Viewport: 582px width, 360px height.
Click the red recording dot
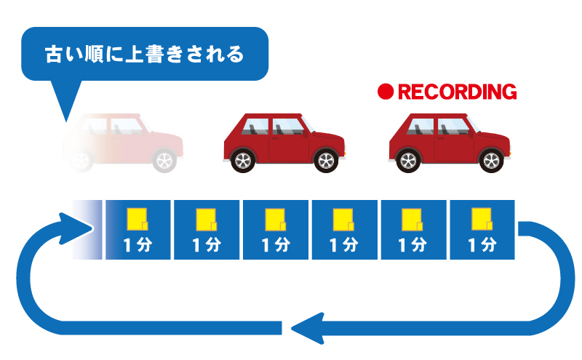(x=386, y=92)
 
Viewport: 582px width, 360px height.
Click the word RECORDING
(x=458, y=92)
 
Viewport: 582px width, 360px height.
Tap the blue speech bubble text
(x=144, y=55)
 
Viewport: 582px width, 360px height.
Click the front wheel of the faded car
(x=164, y=160)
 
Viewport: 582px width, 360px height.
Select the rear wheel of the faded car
(x=81, y=160)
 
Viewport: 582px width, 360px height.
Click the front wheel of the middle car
(x=326, y=160)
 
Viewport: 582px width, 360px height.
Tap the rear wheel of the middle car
(x=243, y=160)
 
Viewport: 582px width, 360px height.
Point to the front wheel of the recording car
(x=492, y=160)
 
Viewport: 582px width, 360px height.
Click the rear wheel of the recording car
(x=408, y=160)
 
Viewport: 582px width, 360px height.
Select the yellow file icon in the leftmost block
(x=137, y=220)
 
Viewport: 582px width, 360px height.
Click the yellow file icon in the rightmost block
(x=482, y=220)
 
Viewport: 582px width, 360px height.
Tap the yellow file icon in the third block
(x=276, y=220)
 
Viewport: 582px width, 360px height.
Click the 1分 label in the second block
(x=207, y=245)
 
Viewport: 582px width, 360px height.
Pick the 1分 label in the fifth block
(x=412, y=245)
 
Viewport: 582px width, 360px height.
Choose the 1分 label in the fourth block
(x=344, y=245)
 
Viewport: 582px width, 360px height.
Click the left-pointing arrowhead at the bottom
(x=307, y=329)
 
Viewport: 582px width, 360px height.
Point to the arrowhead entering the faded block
(x=76, y=228)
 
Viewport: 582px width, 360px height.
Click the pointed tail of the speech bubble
(x=66, y=121)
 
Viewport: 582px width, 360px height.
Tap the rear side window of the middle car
(x=255, y=127)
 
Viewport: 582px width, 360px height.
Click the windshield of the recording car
(x=473, y=124)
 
